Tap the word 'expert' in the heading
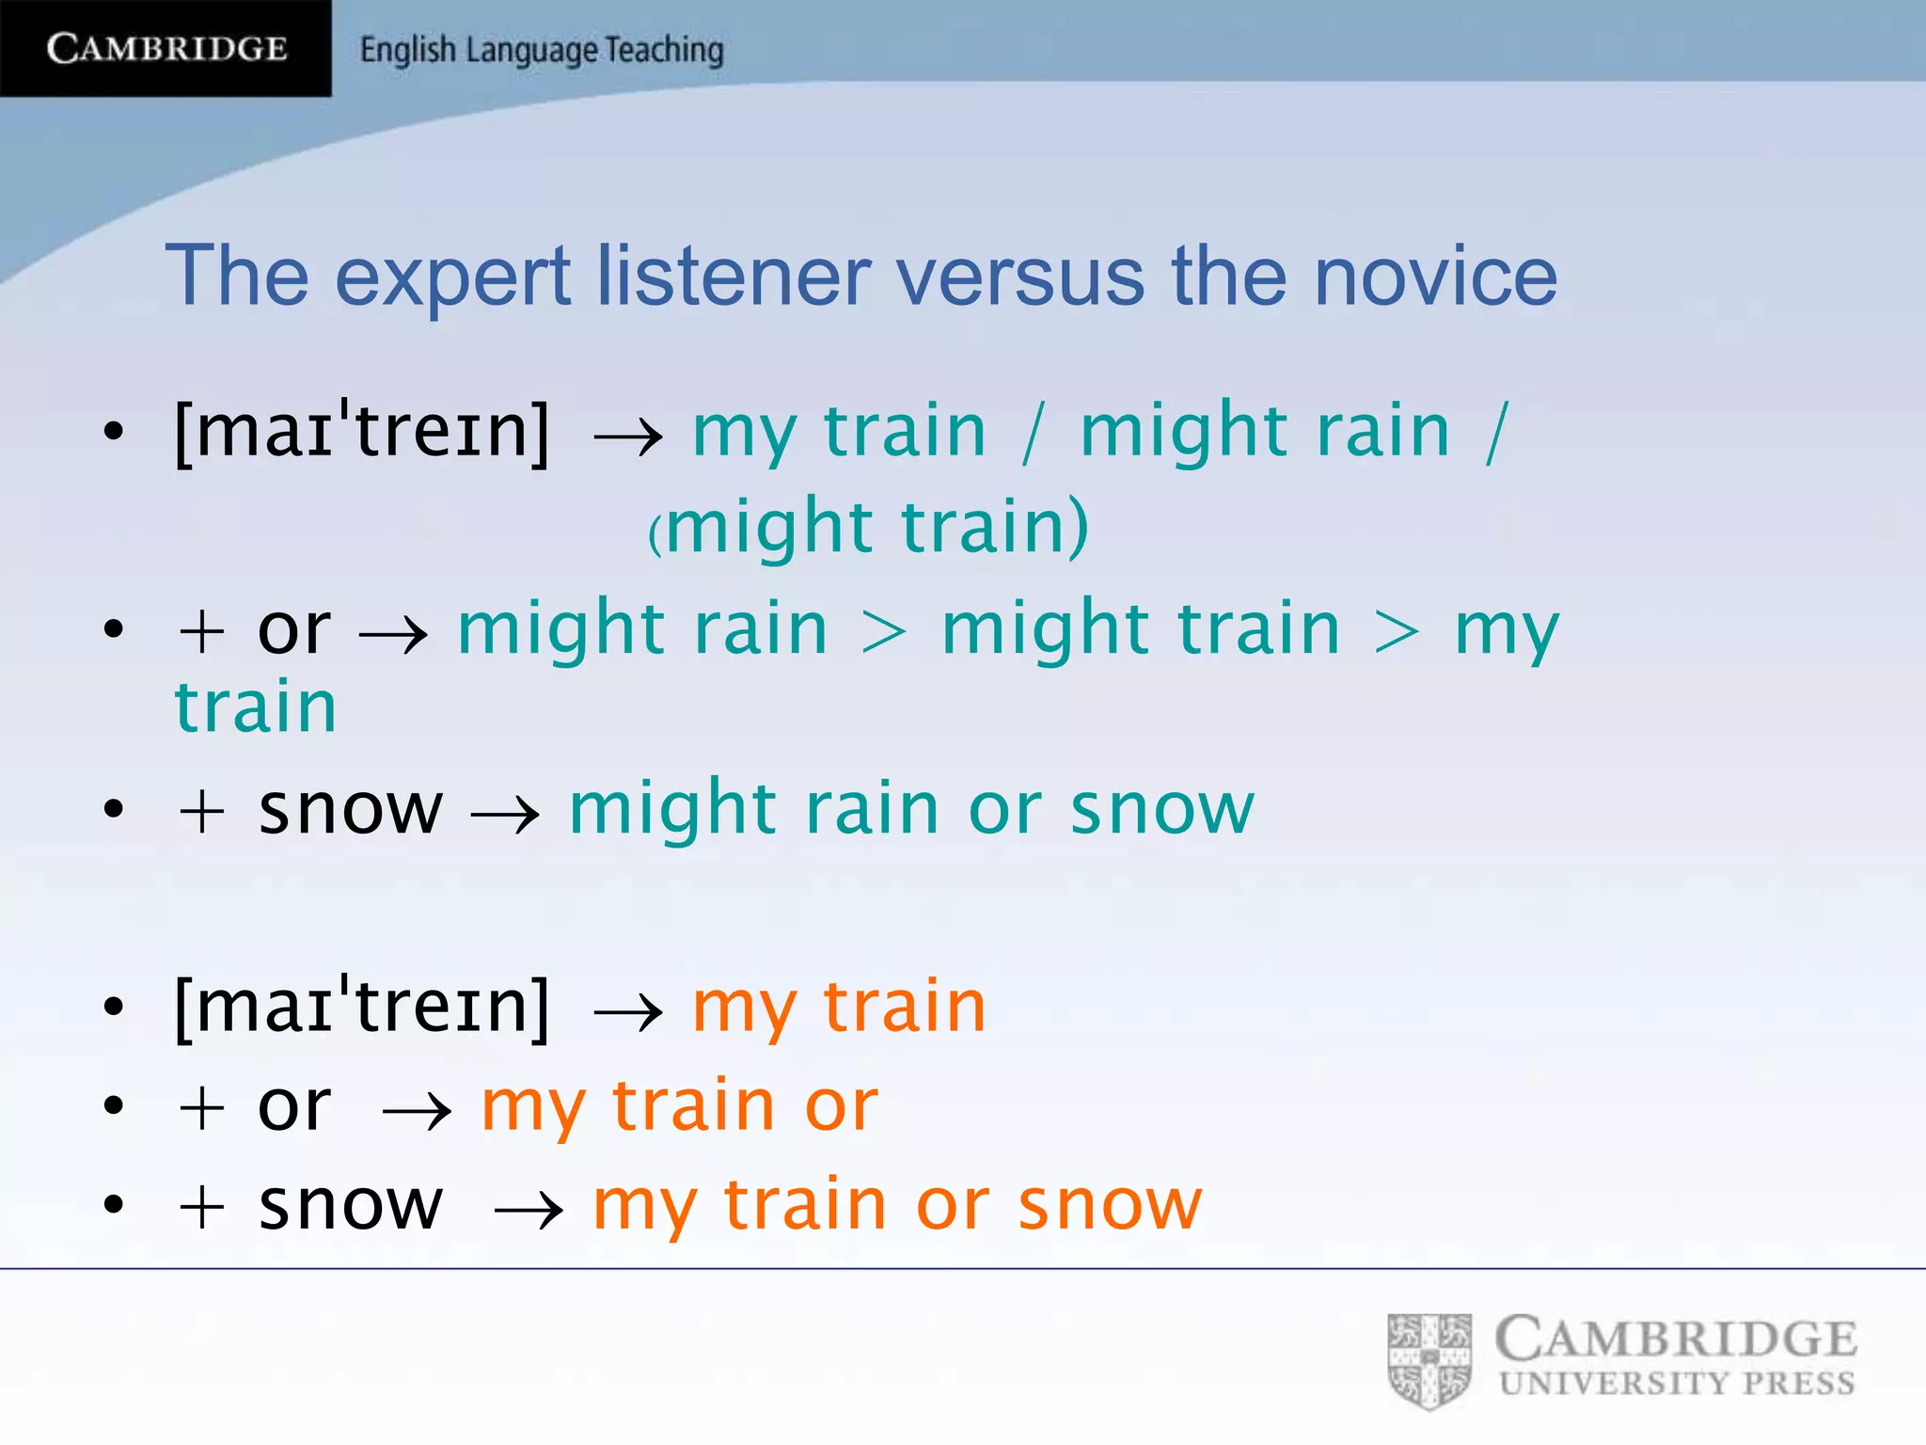pos(452,278)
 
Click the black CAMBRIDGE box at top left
pos(166,48)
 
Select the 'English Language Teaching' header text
pos(542,50)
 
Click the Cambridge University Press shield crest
pos(1429,1359)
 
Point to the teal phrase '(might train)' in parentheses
pos(869,527)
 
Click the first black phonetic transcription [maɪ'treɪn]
pos(362,431)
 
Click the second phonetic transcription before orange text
pos(362,1007)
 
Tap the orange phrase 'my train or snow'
pos(897,1205)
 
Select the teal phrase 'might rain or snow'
pos(911,808)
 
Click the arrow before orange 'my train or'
pos(418,1111)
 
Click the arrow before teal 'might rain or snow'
pos(505,813)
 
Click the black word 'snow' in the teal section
pos(350,809)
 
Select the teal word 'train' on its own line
pos(256,707)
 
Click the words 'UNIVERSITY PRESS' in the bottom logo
pos(1677,1383)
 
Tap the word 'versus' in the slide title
pos(1019,277)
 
